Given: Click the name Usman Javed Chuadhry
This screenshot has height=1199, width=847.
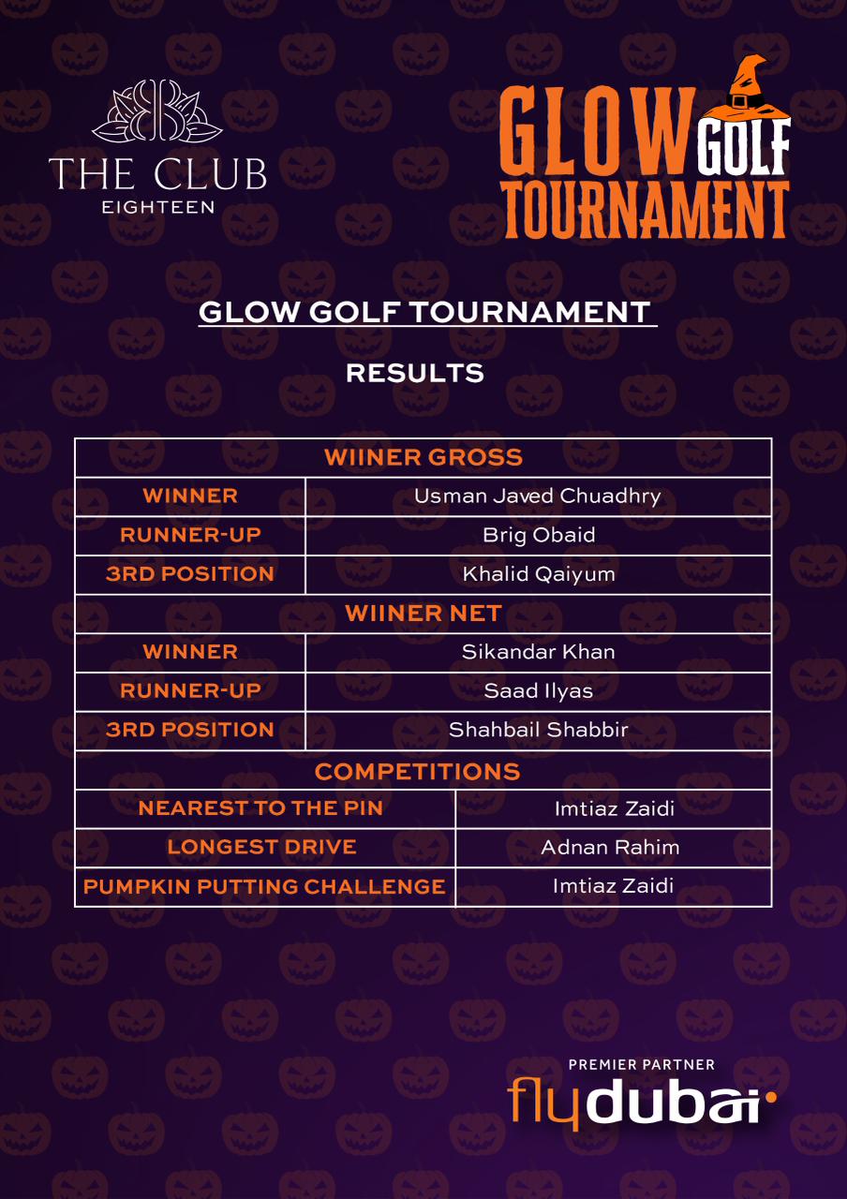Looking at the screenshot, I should [x=538, y=496].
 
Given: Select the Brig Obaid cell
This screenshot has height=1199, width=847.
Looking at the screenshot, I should [x=538, y=536].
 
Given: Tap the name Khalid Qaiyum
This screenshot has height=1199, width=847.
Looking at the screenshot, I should [x=538, y=574].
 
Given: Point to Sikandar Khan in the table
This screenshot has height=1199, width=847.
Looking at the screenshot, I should [x=538, y=652].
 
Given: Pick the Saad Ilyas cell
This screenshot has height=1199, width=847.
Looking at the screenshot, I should [x=538, y=691].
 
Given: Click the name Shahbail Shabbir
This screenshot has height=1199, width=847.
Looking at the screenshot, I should [x=538, y=730].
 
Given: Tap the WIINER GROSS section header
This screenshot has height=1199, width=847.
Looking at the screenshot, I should [x=423, y=458].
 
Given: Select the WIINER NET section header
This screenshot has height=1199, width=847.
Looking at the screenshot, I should [x=423, y=614].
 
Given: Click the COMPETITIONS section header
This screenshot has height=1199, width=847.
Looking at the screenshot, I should [x=417, y=771].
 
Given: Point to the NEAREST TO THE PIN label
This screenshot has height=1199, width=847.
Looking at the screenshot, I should [x=260, y=808].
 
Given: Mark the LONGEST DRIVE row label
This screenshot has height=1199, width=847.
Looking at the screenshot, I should [x=261, y=848].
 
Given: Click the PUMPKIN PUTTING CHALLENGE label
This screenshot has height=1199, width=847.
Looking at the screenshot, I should [x=264, y=886].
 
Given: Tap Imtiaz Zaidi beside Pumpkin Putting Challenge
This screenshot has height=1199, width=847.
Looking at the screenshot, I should [x=613, y=886].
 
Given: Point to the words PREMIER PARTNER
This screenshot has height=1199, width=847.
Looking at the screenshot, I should [x=641, y=1065].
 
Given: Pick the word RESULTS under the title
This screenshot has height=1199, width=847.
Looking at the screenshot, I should [x=414, y=373].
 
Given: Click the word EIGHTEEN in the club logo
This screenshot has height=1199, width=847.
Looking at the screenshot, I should [x=157, y=207].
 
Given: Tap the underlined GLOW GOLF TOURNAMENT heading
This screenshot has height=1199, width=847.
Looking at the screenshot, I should [x=426, y=313].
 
